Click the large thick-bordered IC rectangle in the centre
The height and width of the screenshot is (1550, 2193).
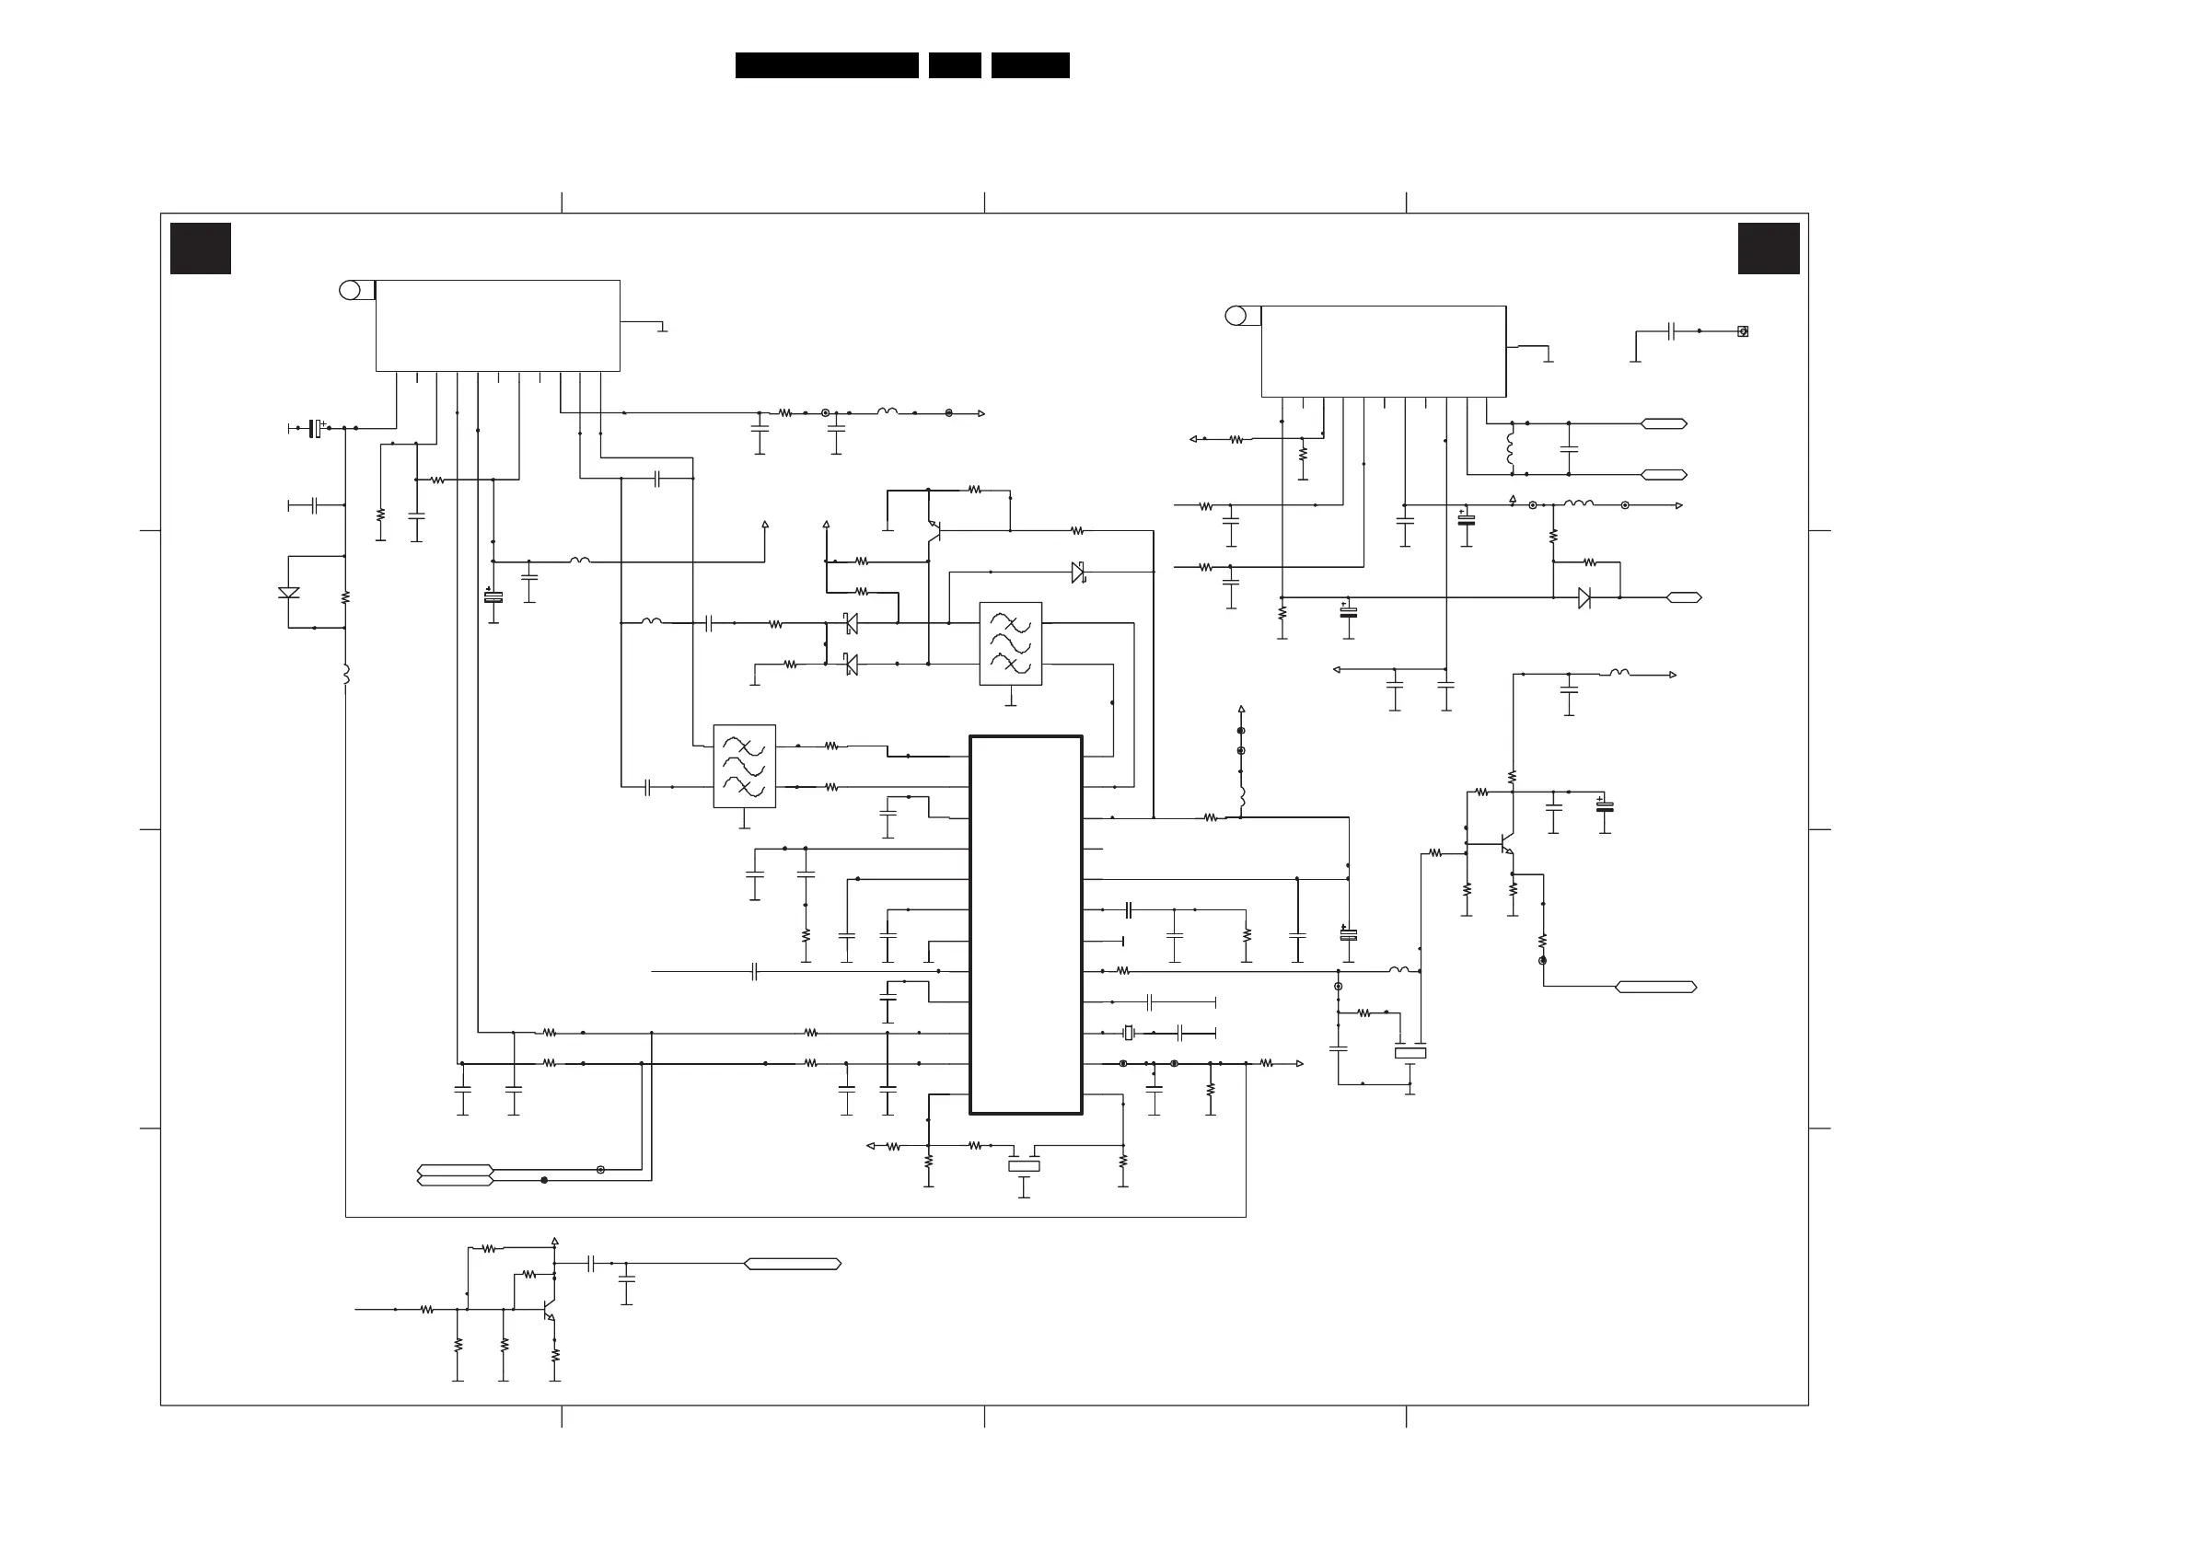tap(1026, 924)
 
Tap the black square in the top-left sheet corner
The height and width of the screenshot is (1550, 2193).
tap(201, 249)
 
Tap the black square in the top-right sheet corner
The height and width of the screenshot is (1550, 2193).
tap(1768, 249)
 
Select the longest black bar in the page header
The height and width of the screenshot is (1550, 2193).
tap(826, 65)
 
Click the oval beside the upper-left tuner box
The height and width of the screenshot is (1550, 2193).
tap(351, 290)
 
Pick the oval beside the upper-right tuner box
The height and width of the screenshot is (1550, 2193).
tap(1236, 316)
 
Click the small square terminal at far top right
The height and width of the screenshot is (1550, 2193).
tap(1742, 331)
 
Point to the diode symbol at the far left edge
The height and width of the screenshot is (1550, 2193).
tap(288, 593)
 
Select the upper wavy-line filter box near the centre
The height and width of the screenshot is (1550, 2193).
tap(1011, 643)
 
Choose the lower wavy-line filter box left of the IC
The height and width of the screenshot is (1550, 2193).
tap(744, 766)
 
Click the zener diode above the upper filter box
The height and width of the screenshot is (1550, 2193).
tap(1078, 573)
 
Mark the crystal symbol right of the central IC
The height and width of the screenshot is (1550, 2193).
tap(1128, 1033)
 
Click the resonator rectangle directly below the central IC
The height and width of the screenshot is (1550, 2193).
tap(1024, 1166)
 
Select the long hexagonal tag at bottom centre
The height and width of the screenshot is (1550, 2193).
tap(792, 1264)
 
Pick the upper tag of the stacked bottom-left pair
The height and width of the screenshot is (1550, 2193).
tap(455, 1170)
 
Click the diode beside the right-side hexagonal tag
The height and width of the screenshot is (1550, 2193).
tap(1584, 598)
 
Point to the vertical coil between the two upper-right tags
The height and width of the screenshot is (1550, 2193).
tap(1511, 449)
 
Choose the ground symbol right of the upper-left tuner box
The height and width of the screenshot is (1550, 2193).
tap(662, 330)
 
